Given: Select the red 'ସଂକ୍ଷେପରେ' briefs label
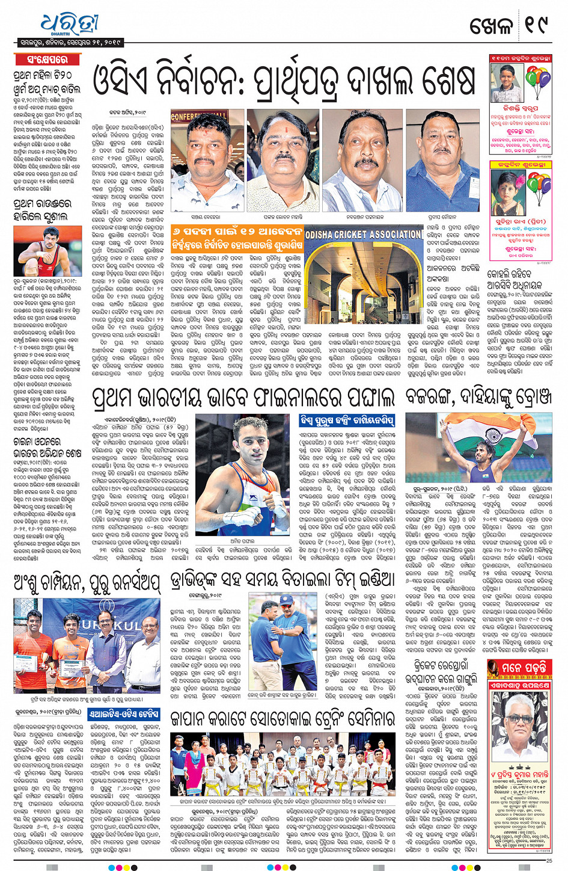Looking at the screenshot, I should [47, 60].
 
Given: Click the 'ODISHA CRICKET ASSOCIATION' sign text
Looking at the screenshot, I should [363, 234].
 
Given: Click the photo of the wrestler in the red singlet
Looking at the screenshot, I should [47, 251].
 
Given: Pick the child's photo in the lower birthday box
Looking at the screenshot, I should [506, 191].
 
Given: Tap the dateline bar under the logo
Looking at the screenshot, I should [70, 43].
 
